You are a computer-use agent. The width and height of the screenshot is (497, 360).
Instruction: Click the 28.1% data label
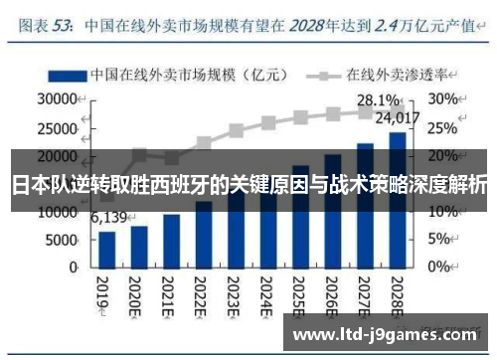[378, 100]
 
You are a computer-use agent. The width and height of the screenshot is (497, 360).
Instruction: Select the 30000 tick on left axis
[57, 99]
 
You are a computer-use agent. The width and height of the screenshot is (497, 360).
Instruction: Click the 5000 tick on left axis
[61, 240]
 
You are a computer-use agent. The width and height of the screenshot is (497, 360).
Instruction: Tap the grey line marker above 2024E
[268, 124]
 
